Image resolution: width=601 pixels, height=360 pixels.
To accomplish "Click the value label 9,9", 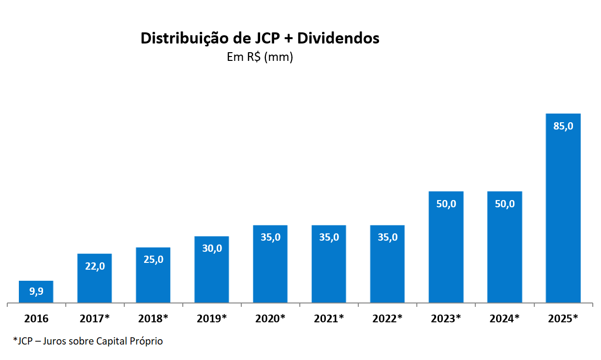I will (36, 291).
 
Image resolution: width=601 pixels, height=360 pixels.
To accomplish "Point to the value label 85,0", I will (563, 126).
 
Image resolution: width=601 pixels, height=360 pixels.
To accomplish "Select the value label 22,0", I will (94, 266).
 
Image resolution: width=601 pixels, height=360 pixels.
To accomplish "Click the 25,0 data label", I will (153, 259).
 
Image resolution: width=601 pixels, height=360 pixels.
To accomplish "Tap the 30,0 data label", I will (212, 248).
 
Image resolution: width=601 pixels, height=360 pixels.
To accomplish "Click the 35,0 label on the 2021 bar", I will (329, 237).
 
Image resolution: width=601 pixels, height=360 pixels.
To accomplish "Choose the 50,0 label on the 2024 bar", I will (504, 204).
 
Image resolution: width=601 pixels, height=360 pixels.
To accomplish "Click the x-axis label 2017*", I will (95, 318).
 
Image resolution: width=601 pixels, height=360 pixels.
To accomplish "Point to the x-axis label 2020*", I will (270, 318).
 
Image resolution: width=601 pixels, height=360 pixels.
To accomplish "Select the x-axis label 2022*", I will (387, 318).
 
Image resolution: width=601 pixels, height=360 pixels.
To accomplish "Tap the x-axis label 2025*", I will (563, 318).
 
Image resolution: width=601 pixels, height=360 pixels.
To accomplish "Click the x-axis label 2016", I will (36, 318).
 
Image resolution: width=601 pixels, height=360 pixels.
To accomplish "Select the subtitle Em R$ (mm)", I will (260, 57).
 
